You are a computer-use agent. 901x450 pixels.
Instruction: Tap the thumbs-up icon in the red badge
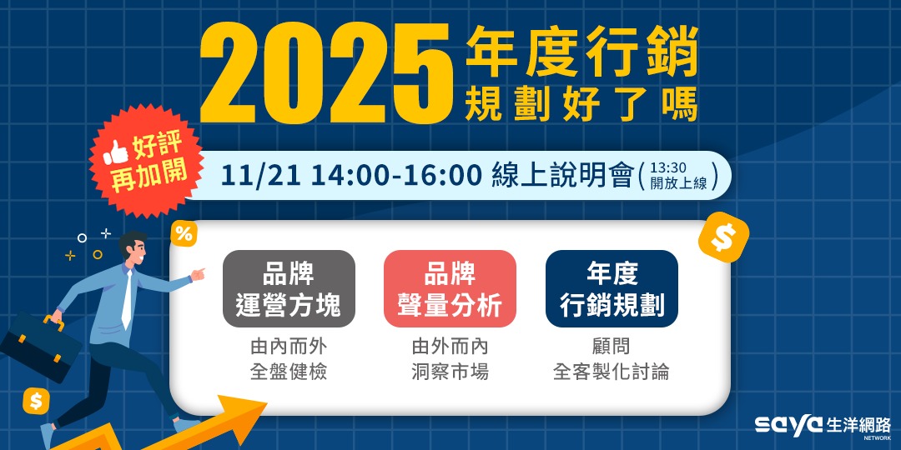click(x=115, y=152)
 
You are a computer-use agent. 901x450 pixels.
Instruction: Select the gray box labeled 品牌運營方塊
click(x=289, y=288)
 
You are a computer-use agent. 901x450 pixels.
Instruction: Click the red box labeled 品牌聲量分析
click(x=450, y=288)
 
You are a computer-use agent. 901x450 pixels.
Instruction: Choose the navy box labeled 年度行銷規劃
click(x=612, y=288)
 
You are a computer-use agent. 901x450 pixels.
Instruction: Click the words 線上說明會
click(x=561, y=176)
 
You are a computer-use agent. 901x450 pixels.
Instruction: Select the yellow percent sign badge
click(x=184, y=234)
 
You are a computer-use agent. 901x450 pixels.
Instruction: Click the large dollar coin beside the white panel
click(x=723, y=237)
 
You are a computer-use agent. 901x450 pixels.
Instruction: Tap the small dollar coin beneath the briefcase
click(x=36, y=401)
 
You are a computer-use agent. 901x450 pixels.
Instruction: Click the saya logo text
click(x=788, y=425)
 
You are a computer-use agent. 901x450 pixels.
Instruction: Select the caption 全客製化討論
click(x=611, y=372)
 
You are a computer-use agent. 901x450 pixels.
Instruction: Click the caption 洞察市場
click(x=450, y=372)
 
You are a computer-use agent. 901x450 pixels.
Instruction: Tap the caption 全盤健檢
click(x=289, y=372)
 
